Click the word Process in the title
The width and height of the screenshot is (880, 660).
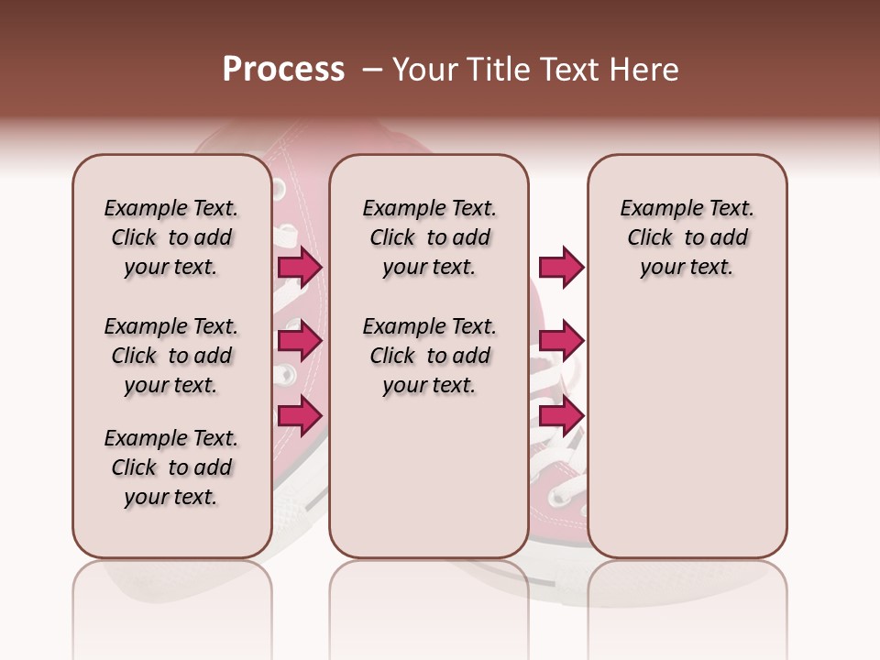click(283, 70)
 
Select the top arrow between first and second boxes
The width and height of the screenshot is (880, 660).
click(300, 268)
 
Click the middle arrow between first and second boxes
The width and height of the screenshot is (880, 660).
click(300, 341)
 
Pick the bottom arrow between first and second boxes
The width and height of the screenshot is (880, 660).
click(300, 415)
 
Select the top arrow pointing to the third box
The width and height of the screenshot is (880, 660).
click(561, 268)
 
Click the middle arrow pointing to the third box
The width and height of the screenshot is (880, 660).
click(561, 341)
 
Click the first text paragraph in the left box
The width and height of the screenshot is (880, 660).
click(171, 237)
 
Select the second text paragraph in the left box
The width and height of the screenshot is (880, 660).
click(171, 356)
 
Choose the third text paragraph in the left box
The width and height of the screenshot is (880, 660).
click(171, 467)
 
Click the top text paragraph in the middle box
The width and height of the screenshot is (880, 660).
click(429, 237)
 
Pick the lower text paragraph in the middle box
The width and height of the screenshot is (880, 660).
click(429, 356)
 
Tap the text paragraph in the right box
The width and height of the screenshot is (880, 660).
click(687, 237)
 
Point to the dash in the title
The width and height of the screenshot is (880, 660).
click(372, 70)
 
